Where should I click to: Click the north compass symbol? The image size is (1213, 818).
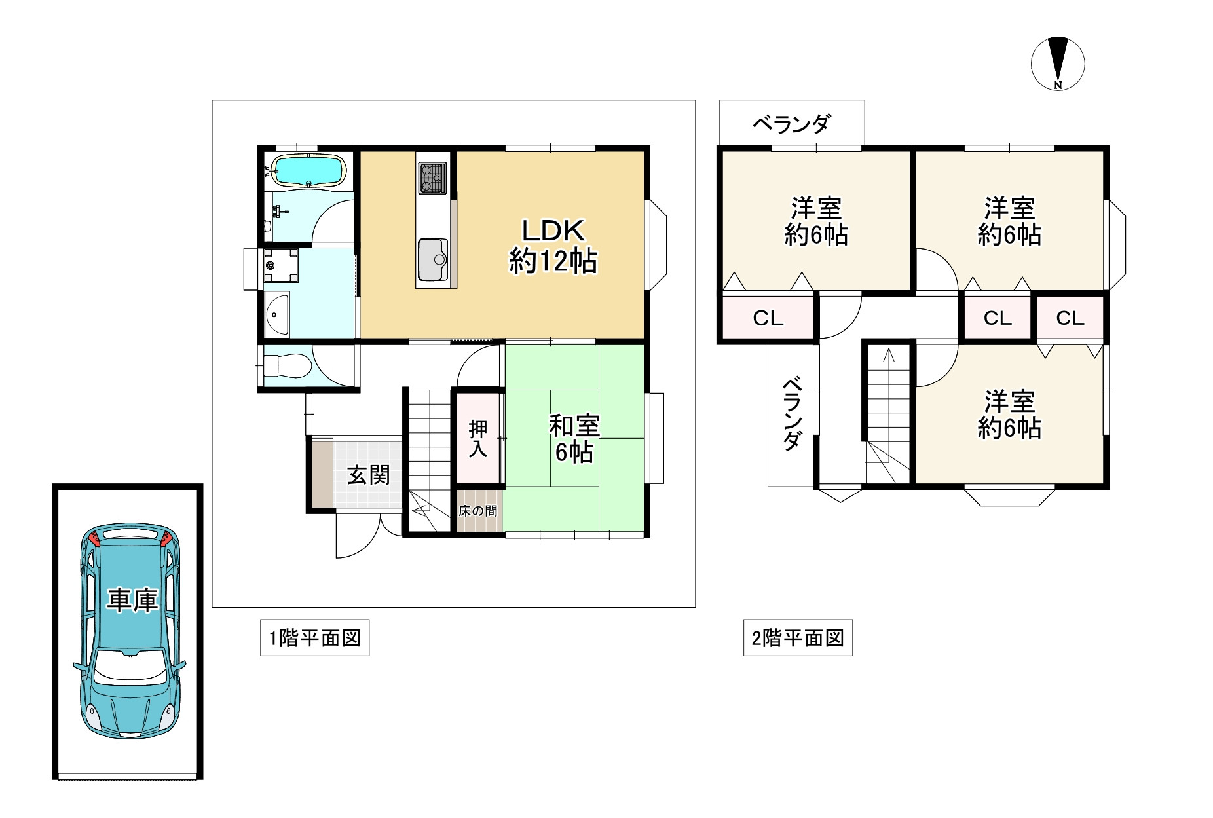pyautogui.click(x=1057, y=64)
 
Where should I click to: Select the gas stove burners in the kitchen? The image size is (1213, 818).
pyautogui.click(x=432, y=177)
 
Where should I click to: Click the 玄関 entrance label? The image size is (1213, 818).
pyautogui.click(x=368, y=475)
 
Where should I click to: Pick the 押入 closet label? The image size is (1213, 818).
pyautogui.click(x=478, y=439)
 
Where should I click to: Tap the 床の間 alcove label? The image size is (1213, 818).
pyautogui.click(x=478, y=511)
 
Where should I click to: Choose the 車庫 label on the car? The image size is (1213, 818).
pyautogui.click(x=133, y=600)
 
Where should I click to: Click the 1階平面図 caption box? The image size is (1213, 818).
pyautogui.click(x=314, y=638)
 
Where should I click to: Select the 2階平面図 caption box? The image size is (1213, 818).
pyautogui.click(x=797, y=638)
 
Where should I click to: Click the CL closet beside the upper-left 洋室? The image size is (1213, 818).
pyautogui.click(x=768, y=318)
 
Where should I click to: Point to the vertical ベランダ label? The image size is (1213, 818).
pyautogui.click(x=792, y=413)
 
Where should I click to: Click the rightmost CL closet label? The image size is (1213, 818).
pyautogui.click(x=1070, y=318)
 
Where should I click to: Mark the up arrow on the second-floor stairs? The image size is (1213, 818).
pyautogui.click(x=889, y=356)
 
